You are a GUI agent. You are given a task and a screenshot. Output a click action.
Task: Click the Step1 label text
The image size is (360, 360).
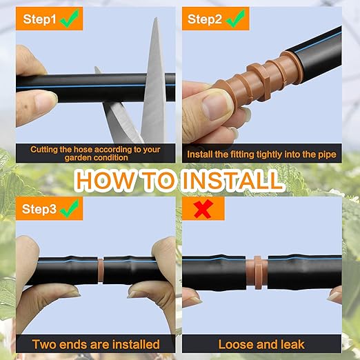coord(39,19)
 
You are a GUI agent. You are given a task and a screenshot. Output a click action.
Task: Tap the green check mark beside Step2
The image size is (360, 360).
coord(235,19)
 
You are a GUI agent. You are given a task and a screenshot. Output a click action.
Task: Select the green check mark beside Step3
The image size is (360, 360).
coord(70,208)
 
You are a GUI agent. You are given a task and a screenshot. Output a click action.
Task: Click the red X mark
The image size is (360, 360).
coord(203,209)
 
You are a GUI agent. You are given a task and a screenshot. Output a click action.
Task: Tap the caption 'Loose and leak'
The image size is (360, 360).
coord(261,344)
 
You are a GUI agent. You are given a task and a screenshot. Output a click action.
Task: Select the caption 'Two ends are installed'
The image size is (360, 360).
coord(96,344)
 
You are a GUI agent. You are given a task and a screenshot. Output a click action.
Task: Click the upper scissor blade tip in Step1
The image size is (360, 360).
coord(157,19)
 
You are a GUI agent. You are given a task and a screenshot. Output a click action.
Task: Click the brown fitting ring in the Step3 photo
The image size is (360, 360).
coord(101,270)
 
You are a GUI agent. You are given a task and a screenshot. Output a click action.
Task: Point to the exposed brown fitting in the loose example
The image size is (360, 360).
coord(257,272)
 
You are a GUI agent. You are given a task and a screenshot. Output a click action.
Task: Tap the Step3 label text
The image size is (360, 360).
coord(39,209)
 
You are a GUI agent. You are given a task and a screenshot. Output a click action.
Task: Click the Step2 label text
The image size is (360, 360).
coord(205,19)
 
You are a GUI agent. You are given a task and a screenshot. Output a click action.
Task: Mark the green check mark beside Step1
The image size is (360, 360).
coord(69,19)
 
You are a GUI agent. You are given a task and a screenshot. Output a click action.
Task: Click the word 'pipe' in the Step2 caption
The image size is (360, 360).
coord(327,155)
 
